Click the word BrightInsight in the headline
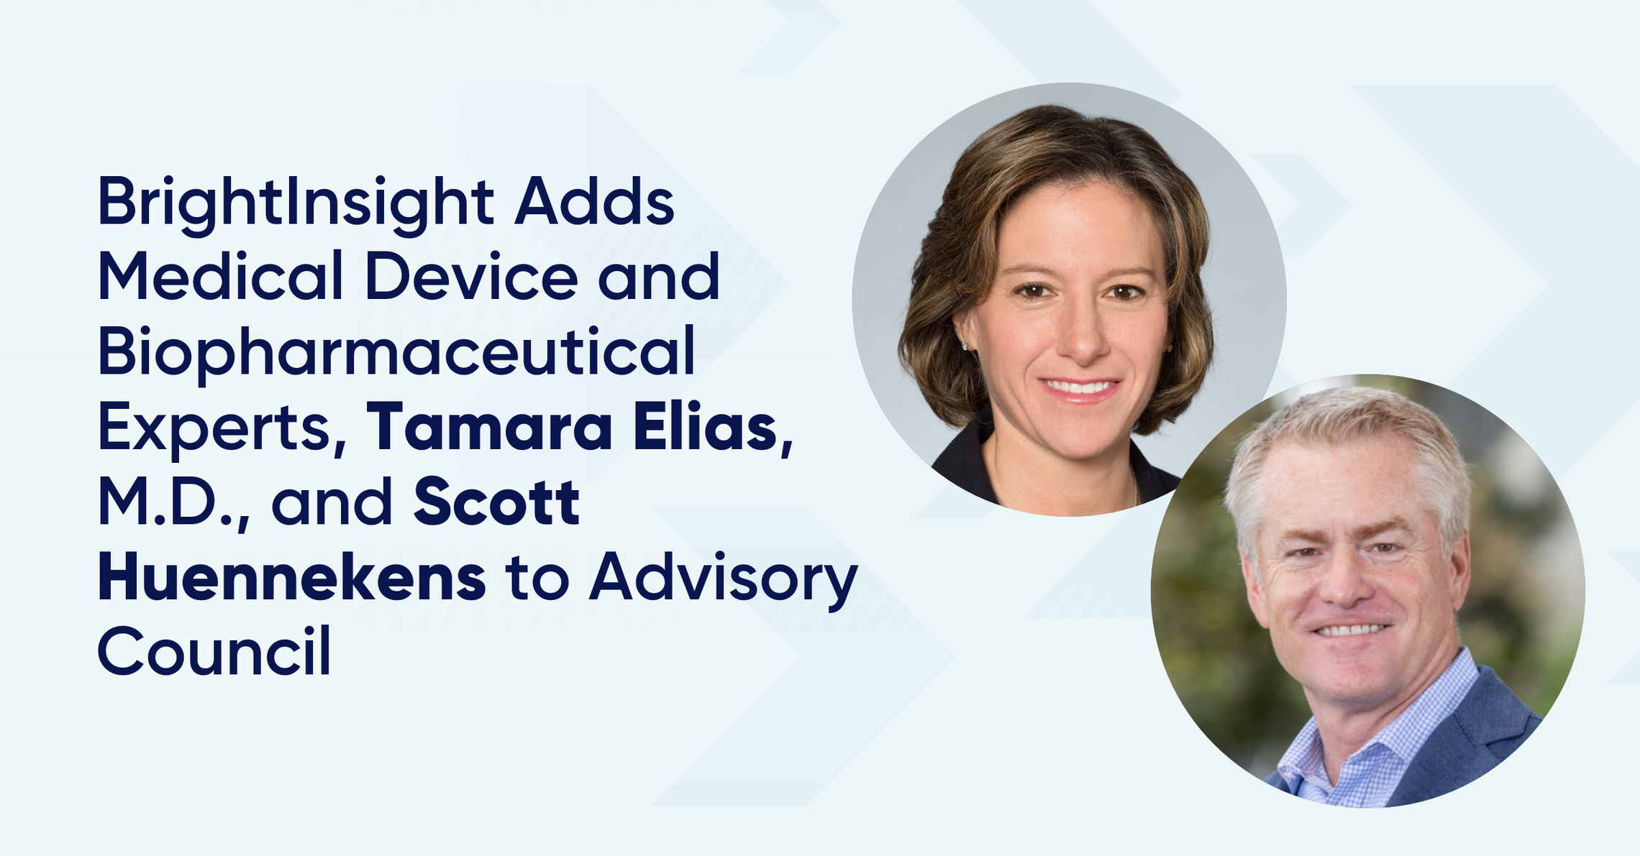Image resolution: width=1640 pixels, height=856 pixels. tap(296, 204)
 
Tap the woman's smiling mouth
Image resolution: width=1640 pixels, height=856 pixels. tap(1081, 389)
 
